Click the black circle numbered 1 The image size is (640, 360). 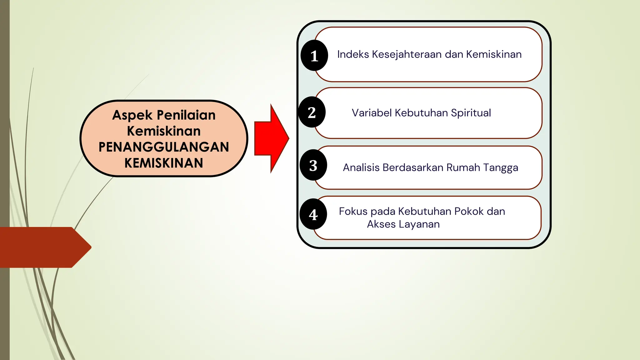tap(314, 56)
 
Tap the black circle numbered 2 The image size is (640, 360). tap(312, 112)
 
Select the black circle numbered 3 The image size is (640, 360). tap(313, 165)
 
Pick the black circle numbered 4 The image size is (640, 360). tap(313, 214)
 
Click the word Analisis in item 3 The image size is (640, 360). tap(361, 167)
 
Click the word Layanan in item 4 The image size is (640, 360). tap(419, 224)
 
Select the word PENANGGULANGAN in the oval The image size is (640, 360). tap(164, 147)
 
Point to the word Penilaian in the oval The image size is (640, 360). tap(186, 115)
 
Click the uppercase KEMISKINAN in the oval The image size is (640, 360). tap(164, 163)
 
